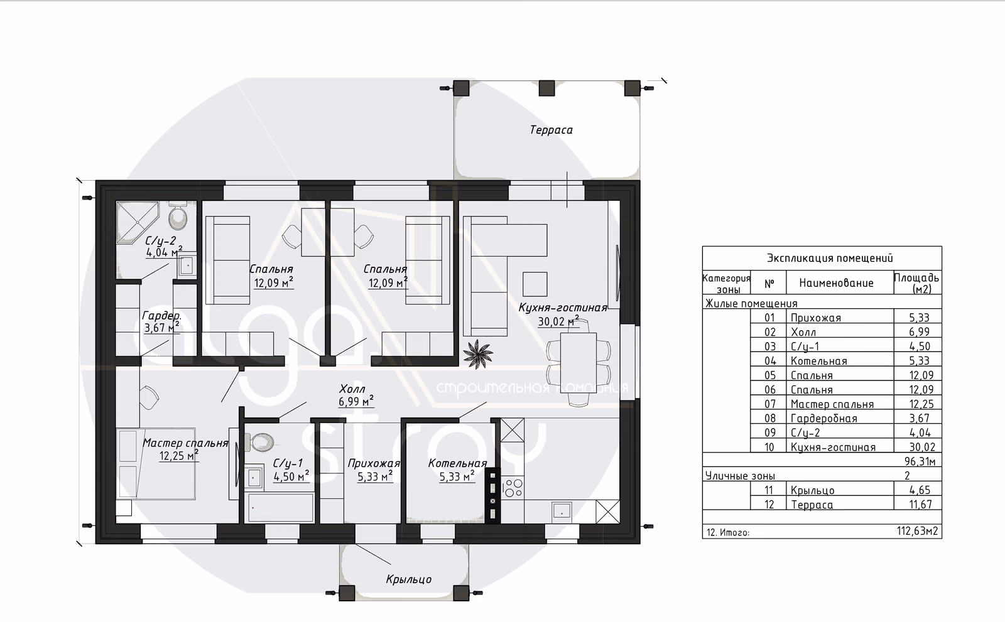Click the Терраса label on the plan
pyautogui.click(x=551, y=130)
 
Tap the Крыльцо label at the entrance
pyautogui.click(x=409, y=579)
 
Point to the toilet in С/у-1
pyautogui.click(x=260, y=442)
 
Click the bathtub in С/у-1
pyautogui.click(x=281, y=508)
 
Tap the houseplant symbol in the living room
pyautogui.click(x=477, y=354)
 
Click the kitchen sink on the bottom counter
pyautogui.click(x=562, y=510)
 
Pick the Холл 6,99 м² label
pyautogui.click(x=356, y=395)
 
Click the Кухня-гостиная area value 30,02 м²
pyautogui.click(x=558, y=321)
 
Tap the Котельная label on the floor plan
pyautogui.click(x=457, y=463)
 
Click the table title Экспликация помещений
pyautogui.click(x=830, y=259)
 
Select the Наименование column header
pyautogui.click(x=836, y=283)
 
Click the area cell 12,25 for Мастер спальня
pyautogui.click(x=921, y=404)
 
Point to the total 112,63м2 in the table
pyautogui.click(x=918, y=531)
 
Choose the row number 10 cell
pyautogui.click(x=769, y=447)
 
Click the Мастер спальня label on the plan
pyautogui.click(x=185, y=443)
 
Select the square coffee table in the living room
pyautogui.click(x=535, y=284)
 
